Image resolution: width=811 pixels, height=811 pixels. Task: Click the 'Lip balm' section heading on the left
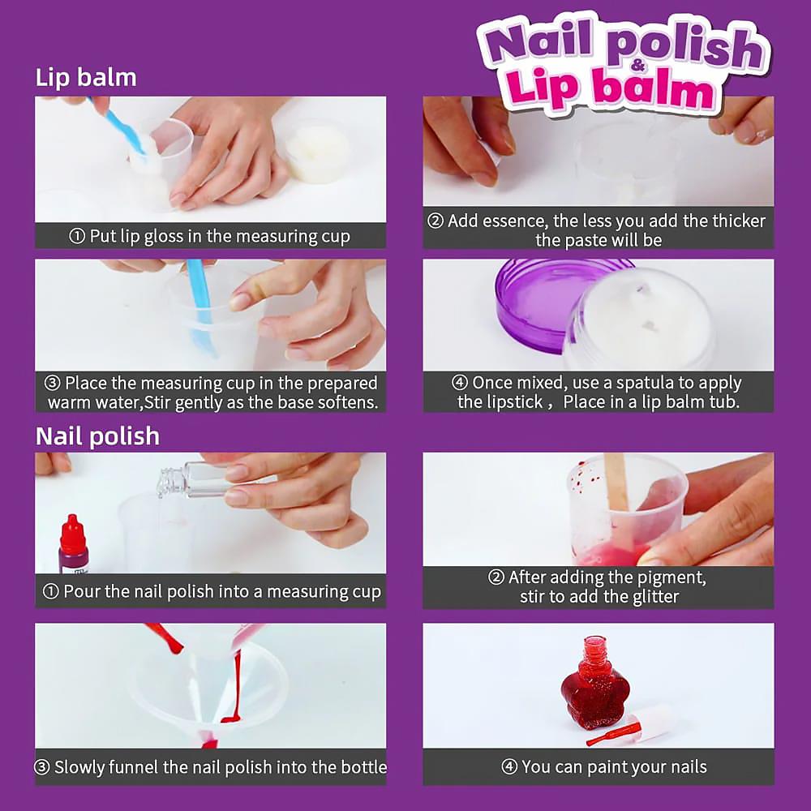pyautogui.click(x=86, y=78)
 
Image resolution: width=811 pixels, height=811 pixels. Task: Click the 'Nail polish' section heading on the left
pyautogui.click(x=97, y=436)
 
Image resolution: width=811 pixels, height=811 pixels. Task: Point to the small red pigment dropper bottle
pyautogui.click(x=73, y=545)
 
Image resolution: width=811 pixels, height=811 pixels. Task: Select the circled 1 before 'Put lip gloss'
pyautogui.click(x=77, y=237)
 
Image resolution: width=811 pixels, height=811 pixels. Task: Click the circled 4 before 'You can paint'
pyautogui.click(x=509, y=767)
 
